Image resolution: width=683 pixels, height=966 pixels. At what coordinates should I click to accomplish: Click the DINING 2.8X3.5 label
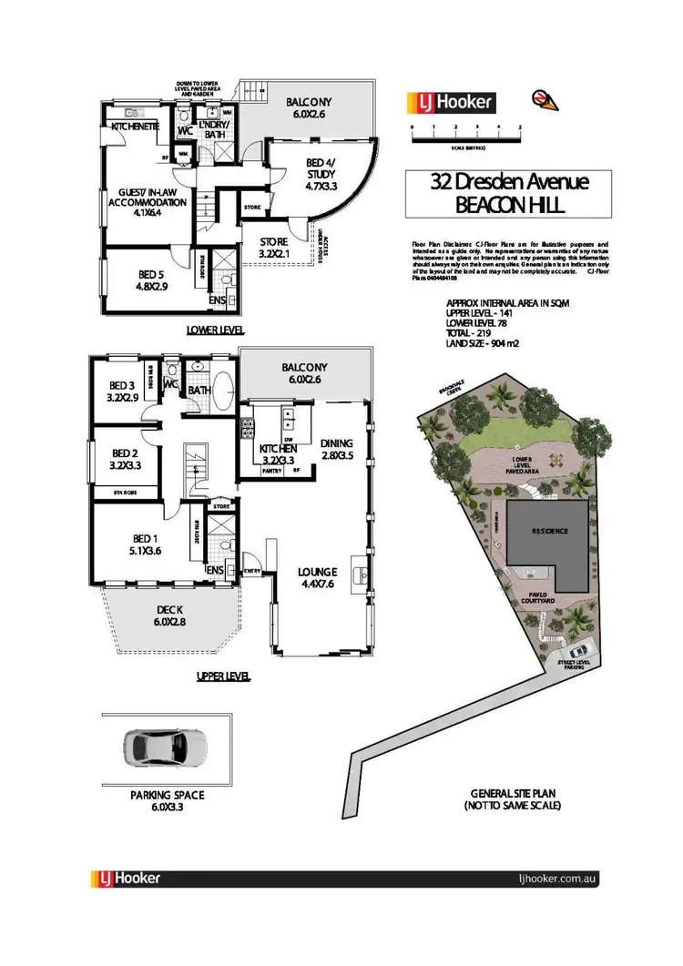[341, 451]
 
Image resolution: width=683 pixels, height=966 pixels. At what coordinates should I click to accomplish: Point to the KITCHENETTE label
[136, 127]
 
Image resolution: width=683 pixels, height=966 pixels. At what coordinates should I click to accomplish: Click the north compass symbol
[540, 97]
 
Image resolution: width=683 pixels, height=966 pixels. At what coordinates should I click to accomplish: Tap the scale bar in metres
[465, 136]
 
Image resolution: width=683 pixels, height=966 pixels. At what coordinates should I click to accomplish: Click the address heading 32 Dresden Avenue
[509, 181]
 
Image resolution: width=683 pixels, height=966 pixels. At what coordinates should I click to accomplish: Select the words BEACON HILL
[509, 206]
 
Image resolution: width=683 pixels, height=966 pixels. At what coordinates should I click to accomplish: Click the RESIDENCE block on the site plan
[545, 531]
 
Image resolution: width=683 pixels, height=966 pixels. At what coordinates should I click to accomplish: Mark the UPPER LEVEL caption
[224, 677]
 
